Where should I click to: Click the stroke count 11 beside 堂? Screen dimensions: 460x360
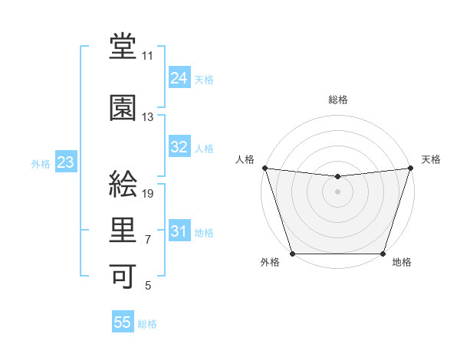(148, 56)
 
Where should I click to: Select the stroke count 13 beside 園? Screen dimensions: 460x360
(148, 117)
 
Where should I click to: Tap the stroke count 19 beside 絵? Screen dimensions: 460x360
(149, 193)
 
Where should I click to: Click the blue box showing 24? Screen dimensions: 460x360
(179, 78)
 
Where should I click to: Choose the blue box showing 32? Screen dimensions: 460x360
(179, 147)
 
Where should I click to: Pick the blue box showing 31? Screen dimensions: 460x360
(179, 231)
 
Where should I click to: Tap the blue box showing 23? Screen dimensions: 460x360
(65, 162)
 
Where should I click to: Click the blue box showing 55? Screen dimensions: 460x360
(123, 322)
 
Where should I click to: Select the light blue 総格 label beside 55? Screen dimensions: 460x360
(147, 324)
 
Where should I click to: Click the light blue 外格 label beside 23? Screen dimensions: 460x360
(41, 164)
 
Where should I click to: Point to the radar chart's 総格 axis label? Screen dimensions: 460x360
(338, 100)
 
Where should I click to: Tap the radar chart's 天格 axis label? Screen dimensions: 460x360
(431, 159)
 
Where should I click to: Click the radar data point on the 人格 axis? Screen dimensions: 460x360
(264, 168)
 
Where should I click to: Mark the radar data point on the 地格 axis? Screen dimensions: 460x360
(383, 254)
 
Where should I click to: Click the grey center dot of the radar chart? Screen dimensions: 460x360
(338, 191)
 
